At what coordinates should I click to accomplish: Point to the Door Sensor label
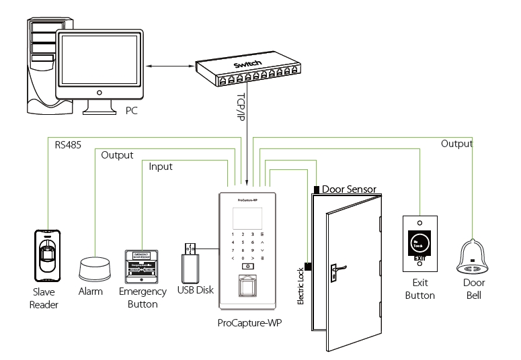348,189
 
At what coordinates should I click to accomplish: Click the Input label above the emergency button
161,166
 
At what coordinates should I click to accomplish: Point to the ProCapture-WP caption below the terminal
249,323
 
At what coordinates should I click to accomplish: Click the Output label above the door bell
456,144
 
